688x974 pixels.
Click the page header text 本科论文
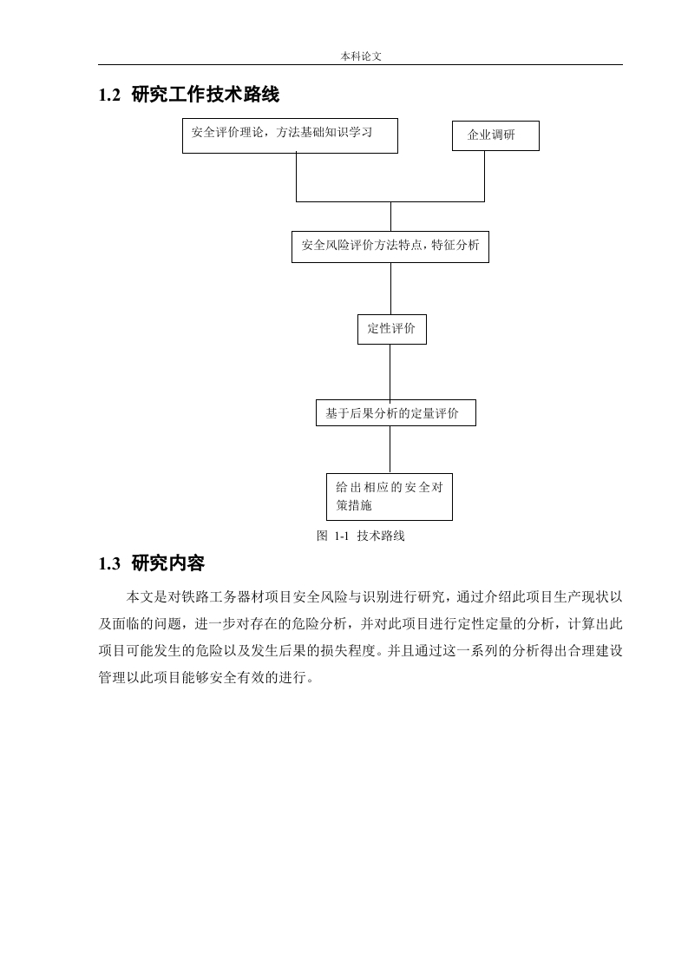click(x=361, y=56)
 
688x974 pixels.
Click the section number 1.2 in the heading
click(x=109, y=95)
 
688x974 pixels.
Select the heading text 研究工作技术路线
click(x=206, y=95)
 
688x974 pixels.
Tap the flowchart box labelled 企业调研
click(x=495, y=135)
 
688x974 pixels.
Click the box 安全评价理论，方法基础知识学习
click(x=290, y=135)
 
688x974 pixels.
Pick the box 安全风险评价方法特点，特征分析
click(x=390, y=247)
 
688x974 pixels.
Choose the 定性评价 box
click(x=392, y=329)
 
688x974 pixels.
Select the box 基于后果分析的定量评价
click(x=396, y=413)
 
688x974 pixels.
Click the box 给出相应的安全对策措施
click(x=390, y=497)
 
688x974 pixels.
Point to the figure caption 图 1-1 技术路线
click(x=361, y=536)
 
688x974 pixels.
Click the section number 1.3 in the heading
click(x=109, y=564)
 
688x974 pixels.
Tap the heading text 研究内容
click(x=168, y=563)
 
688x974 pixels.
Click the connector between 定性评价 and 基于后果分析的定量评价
click(x=390, y=372)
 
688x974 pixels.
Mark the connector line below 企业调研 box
click(x=484, y=176)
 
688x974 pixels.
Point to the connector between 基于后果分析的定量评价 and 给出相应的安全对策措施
click(x=390, y=449)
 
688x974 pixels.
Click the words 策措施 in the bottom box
click(x=354, y=505)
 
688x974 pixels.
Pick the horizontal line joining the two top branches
click(x=390, y=201)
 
